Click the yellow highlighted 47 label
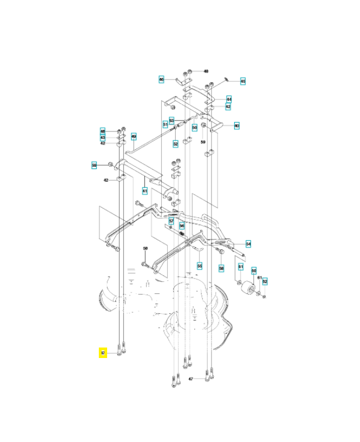pos(102,353)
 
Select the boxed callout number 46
pos(161,80)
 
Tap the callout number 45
pos(243,81)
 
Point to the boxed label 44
pos(229,99)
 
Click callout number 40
pos(236,125)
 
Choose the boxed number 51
pos(165,124)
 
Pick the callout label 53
pos(172,120)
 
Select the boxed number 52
pos(176,144)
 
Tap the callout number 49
pos(134,136)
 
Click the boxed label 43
pos(103,137)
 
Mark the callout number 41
pos(145,191)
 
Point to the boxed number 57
pos(171,220)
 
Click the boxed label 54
pos(248,243)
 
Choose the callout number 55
pos(200,266)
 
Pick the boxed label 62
pos(264,281)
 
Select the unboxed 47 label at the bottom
pos(191,379)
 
